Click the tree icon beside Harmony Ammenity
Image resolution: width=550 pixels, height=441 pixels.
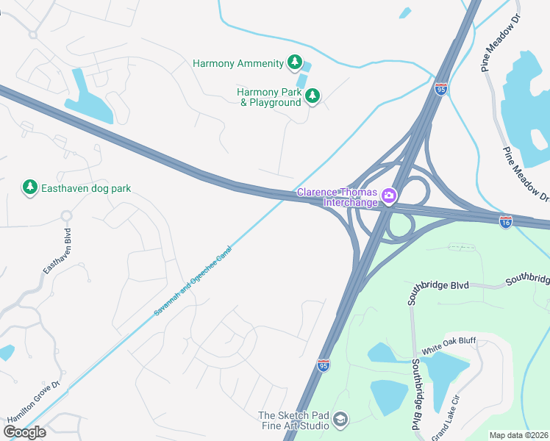[x=295, y=62]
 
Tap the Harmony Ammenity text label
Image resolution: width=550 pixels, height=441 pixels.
[x=238, y=63]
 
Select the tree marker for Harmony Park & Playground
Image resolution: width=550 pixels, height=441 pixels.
[x=312, y=96]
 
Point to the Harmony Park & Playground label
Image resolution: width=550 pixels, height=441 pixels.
[x=269, y=97]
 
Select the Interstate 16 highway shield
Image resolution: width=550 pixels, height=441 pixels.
[x=505, y=220]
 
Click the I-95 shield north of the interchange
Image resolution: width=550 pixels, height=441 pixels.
[x=440, y=89]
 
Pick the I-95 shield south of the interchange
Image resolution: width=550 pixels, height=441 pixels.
[x=324, y=365]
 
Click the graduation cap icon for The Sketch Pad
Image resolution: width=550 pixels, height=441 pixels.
[x=340, y=419]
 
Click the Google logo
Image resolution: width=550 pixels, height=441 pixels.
[x=24, y=432]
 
